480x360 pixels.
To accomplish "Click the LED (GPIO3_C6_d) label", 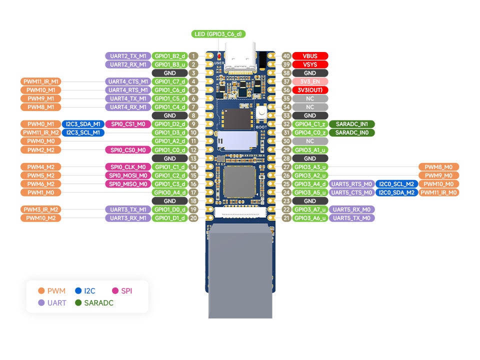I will coord(217,34).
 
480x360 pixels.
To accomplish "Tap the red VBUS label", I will coord(310,56).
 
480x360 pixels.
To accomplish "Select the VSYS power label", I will coord(310,64).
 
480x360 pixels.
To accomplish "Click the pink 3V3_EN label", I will coord(310,81).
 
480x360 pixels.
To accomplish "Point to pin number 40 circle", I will coord(286,56).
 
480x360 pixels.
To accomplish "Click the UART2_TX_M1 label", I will coord(128,56).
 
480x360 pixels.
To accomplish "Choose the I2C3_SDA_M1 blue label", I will coord(83,124).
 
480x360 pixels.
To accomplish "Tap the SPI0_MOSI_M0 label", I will coord(128,175).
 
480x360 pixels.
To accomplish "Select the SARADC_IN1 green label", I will coord(352,124).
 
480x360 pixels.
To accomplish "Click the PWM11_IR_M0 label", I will coord(438,192).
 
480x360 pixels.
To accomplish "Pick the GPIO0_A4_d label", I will coord(170,192).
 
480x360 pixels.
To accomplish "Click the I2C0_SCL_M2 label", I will coord(396,184).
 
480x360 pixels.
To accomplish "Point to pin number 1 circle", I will coord(194,56).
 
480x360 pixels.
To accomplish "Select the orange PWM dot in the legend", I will coord(41,290).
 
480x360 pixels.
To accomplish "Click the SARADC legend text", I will coord(98,303).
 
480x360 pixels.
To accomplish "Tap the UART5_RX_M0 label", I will coord(352,209).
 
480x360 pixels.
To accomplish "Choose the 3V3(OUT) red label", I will coord(310,90).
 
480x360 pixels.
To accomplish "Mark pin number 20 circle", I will coord(194,218).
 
